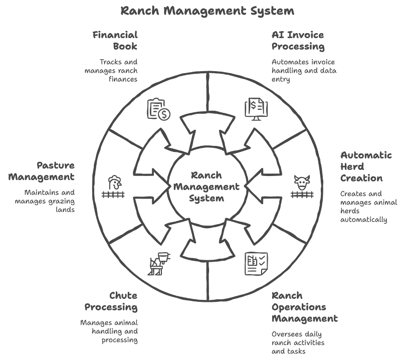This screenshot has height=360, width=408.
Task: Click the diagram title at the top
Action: [208, 11]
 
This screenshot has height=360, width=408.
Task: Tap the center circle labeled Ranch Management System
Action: [208, 187]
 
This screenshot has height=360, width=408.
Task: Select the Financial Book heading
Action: [115, 41]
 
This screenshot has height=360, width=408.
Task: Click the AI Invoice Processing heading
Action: [298, 41]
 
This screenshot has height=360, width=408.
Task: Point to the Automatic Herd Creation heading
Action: [366, 166]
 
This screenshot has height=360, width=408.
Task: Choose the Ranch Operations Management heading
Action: [304, 307]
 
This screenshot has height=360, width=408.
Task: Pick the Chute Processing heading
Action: [111, 301]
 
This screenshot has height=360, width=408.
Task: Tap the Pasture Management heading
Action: [48, 171]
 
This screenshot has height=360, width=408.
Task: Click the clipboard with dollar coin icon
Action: [158, 109]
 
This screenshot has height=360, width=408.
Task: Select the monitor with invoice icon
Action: [256, 109]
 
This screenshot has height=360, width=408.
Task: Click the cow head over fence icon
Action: [302, 187]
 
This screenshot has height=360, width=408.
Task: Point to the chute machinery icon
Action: [159, 264]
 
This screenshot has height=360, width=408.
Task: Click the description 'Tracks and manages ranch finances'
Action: [111, 71]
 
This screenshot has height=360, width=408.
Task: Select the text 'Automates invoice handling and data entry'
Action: [304, 71]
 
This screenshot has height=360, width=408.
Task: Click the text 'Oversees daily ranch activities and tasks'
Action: [298, 342]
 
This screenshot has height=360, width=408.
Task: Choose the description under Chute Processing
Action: [109, 331]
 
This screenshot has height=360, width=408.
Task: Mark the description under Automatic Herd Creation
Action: [368, 206]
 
